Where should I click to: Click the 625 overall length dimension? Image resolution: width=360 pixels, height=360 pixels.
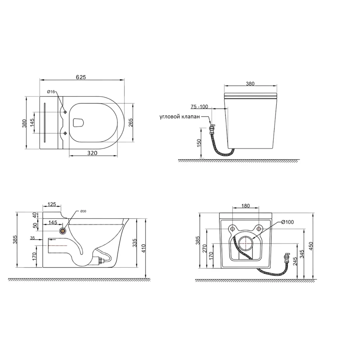[81, 77]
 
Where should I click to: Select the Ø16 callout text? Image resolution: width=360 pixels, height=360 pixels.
[51, 92]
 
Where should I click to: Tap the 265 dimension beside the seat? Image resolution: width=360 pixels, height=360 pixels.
[130, 122]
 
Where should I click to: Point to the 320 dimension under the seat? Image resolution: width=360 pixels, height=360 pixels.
[92, 153]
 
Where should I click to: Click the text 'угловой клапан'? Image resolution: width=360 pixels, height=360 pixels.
[180, 117]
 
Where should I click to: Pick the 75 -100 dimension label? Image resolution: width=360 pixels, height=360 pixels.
[199, 107]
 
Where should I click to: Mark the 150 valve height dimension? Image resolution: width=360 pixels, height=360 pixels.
[199, 143]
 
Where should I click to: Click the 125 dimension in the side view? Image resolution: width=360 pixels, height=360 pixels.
[52, 204]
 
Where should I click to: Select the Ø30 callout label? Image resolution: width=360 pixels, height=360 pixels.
[83, 211]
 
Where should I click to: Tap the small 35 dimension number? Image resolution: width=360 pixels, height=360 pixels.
[32, 238]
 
